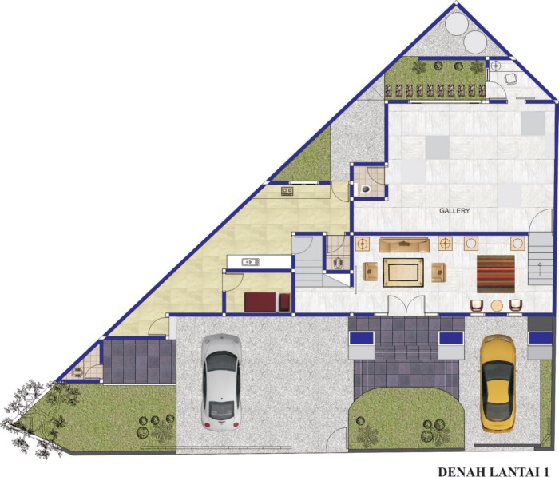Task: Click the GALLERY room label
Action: pyautogui.click(x=454, y=211)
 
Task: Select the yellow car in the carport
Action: pyautogui.click(x=498, y=383)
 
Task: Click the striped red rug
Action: pyautogui.click(x=496, y=273)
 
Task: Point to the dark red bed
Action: pyautogui.click(x=267, y=302)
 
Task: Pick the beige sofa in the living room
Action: pyautogui.click(x=404, y=245)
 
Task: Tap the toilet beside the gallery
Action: pyautogui.click(x=365, y=189)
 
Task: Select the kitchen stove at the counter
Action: pyautogui.click(x=287, y=191)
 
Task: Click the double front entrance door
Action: pyautogui.click(x=406, y=305)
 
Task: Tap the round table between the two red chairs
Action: pyautogui.click(x=497, y=306)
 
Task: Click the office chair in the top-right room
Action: pyautogui.click(x=511, y=78)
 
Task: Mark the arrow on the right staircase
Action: pyautogui.click(x=540, y=268)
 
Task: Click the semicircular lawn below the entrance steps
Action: pyautogui.click(x=406, y=419)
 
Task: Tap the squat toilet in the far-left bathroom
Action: pyautogui.click(x=77, y=372)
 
